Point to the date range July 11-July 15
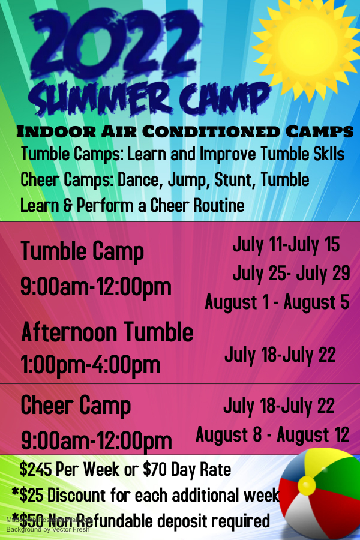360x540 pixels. (286, 245)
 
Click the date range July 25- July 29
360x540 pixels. (291, 273)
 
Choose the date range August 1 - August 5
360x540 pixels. (277, 301)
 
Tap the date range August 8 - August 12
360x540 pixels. (272, 434)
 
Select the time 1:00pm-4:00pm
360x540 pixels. (91, 364)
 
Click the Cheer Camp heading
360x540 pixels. (76, 406)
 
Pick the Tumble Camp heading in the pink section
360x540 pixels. (82, 251)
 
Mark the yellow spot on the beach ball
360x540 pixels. (307, 485)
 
